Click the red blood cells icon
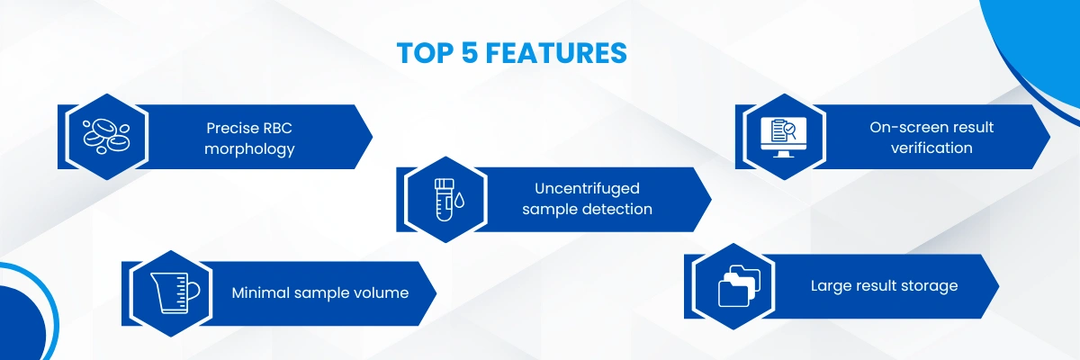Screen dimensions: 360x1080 tap(107, 136)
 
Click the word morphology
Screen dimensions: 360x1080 tap(249, 149)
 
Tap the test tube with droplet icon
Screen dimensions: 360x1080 tap(446, 199)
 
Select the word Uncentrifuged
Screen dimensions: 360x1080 tap(587, 188)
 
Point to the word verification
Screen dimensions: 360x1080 tap(931, 148)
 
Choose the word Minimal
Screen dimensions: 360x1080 tap(260, 292)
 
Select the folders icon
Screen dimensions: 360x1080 tap(739, 286)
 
